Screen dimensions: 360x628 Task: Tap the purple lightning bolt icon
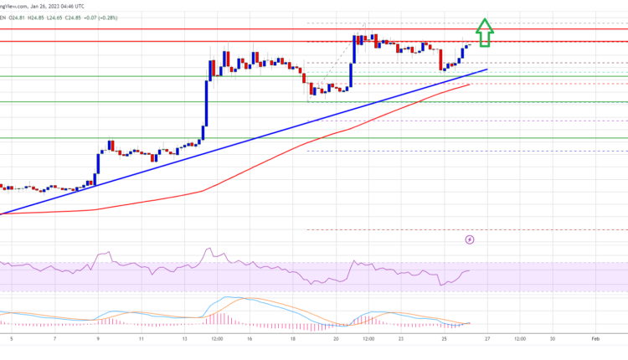click(x=470, y=240)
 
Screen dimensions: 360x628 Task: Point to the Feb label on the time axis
click(x=594, y=339)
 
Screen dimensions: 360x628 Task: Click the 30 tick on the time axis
click(x=553, y=339)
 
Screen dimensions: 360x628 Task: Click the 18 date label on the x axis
click(x=292, y=339)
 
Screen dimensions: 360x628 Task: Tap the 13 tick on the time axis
click(x=183, y=339)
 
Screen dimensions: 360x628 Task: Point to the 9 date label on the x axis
click(x=99, y=339)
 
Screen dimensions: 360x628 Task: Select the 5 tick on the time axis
click(x=12, y=339)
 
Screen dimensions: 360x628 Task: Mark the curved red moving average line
click(x=251, y=160)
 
